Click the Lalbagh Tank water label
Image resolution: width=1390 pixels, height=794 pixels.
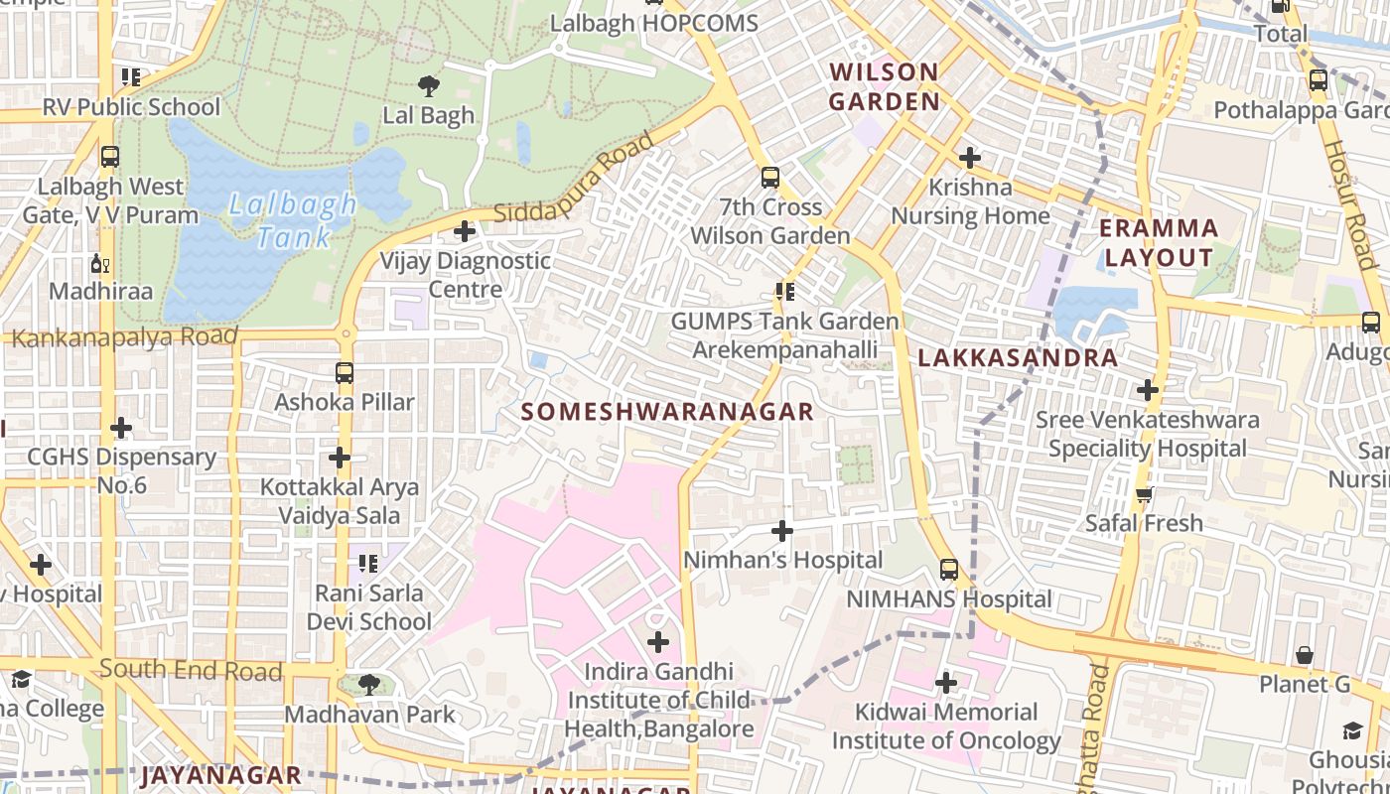(293, 220)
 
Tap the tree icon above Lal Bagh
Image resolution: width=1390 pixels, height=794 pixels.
(429, 86)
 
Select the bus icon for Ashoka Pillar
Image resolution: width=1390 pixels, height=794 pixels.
(345, 373)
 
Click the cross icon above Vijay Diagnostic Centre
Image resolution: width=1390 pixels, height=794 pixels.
(464, 232)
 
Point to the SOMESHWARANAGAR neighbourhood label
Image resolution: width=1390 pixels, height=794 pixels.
(667, 412)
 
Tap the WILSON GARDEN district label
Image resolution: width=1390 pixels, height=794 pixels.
(884, 86)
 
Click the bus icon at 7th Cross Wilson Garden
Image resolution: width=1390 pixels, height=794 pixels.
(770, 179)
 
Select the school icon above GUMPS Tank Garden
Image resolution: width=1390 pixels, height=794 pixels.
(785, 292)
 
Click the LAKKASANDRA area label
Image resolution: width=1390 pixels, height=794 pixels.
(1018, 358)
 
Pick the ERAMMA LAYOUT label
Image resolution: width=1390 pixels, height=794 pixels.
(1159, 243)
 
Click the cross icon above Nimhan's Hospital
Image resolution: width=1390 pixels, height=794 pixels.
(782, 531)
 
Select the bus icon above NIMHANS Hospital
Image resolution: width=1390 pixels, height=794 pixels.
(949, 570)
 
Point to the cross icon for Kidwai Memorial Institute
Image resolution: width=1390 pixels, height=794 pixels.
(946, 683)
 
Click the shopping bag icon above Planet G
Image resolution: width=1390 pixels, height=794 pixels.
(1305, 656)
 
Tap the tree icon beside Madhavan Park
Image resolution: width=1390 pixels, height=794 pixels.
(368, 685)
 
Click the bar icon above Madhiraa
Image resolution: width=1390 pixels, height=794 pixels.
(100, 263)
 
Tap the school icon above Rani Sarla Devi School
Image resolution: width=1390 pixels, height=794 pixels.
(368, 565)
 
